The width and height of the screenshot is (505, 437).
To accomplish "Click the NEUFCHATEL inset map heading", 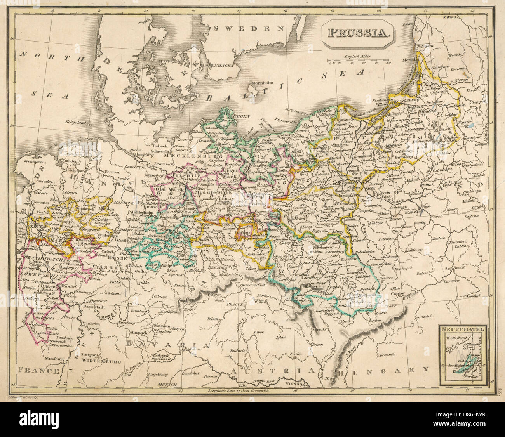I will [462, 330].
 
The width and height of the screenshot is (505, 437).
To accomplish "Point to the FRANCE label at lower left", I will [40, 371].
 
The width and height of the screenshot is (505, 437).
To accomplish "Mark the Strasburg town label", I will [54, 359].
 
